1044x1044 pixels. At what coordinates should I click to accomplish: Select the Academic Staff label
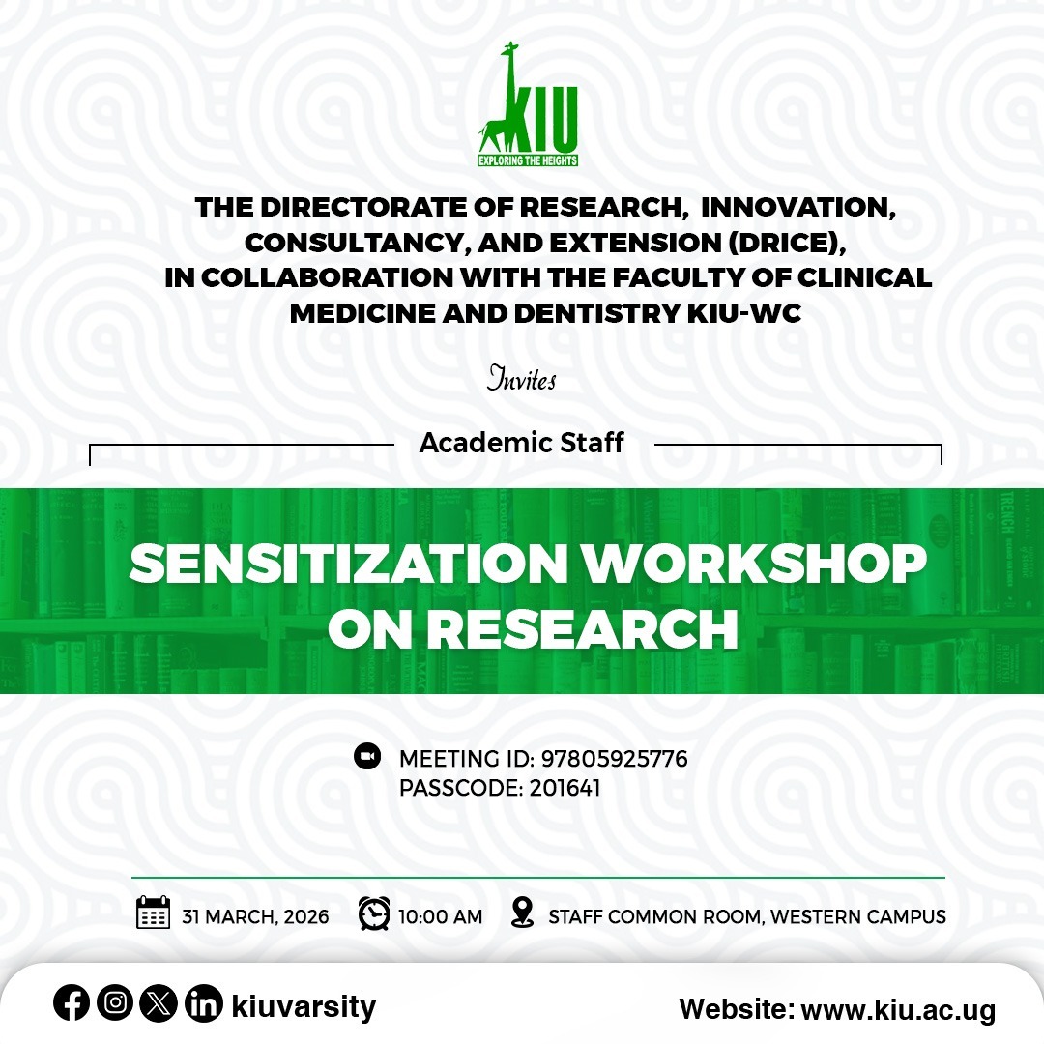point(522,444)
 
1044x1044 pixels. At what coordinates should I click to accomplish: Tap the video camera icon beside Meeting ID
point(367,756)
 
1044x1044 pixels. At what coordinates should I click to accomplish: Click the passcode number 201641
point(565,788)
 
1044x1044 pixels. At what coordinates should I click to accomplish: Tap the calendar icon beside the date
point(153,913)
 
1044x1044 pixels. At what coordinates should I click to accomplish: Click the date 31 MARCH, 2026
point(255,916)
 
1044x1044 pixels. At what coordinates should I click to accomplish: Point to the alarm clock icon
point(374,913)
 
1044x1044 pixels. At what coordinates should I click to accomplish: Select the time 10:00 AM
point(440,916)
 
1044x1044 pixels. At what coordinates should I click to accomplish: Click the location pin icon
point(522,913)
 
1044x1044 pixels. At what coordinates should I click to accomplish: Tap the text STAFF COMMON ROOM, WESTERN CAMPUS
point(746,916)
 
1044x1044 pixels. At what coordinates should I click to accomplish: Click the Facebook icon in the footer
point(72,1004)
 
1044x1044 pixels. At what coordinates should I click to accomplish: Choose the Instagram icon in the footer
point(115,1004)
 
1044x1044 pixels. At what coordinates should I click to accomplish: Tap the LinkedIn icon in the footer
point(203,1004)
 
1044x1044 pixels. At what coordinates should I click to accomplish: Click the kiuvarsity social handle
point(304,1007)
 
